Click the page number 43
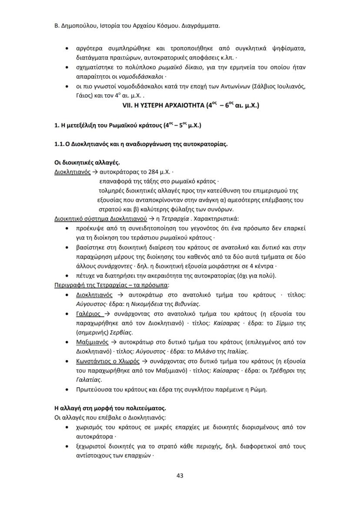tap(180, 476)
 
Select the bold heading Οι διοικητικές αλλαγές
tap(83, 163)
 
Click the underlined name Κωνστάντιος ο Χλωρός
tap(107, 361)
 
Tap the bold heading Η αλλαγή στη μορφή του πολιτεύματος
tap(110, 409)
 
